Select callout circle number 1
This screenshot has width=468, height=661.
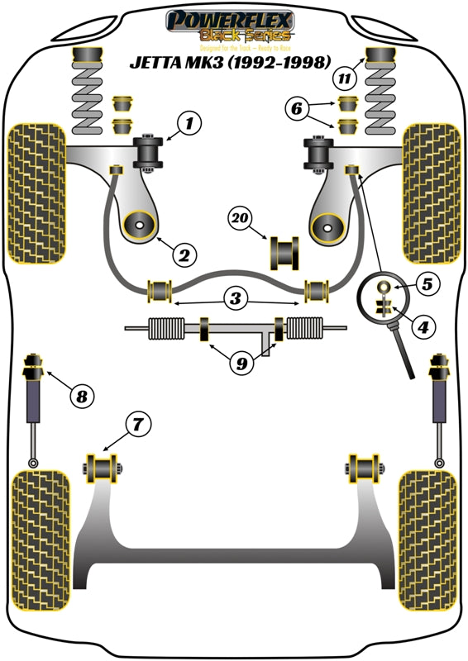[189, 126]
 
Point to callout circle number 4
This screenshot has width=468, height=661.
[423, 327]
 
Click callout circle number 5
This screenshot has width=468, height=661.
[427, 285]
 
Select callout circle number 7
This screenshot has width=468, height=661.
[138, 426]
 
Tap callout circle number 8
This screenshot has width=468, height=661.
[81, 397]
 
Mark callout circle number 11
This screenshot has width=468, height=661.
[342, 80]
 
